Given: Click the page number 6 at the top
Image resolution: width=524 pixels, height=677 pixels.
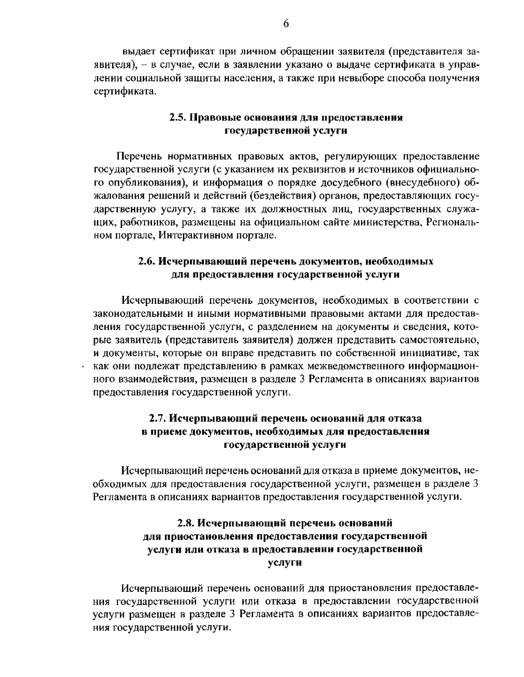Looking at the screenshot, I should [x=286, y=24].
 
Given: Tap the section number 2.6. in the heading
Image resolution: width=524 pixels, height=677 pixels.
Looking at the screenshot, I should [x=147, y=261].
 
